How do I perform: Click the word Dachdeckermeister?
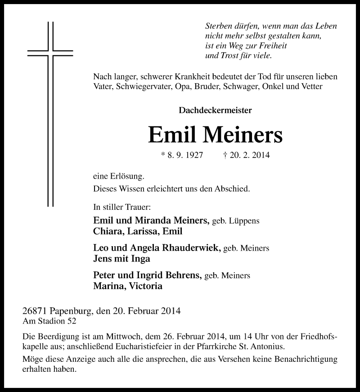click(215, 109)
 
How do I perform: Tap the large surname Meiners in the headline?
click(243, 134)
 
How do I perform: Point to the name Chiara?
click(106, 231)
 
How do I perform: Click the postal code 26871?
click(35, 311)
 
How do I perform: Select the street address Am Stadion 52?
click(49, 321)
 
